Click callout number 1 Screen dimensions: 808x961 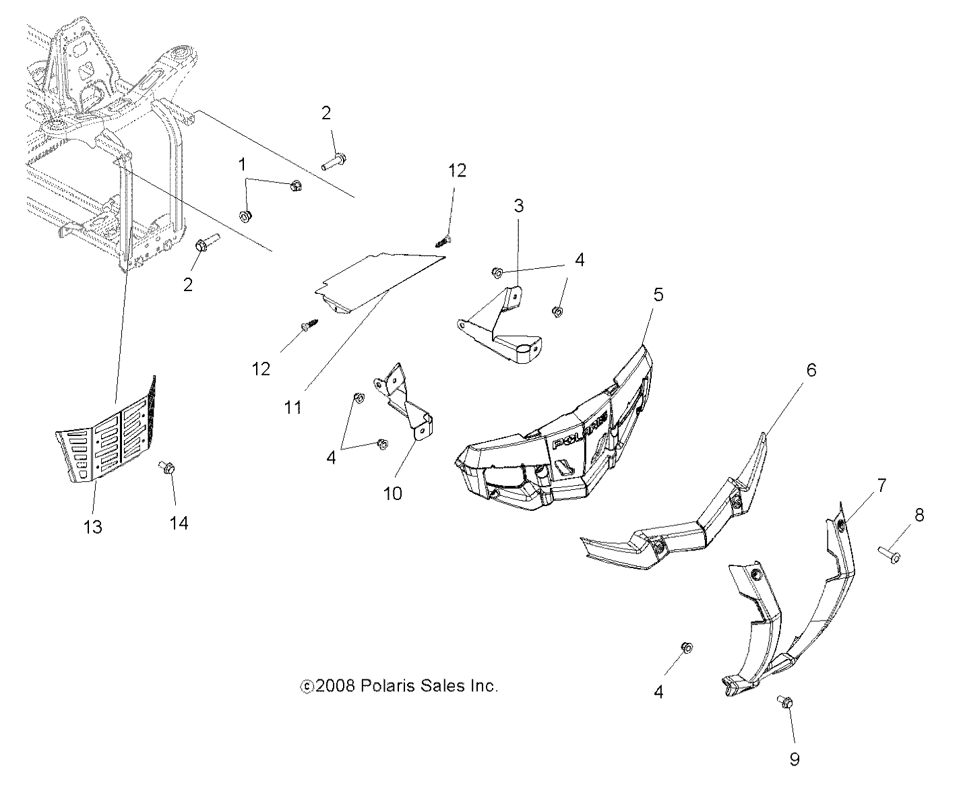pyautogui.click(x=243, y=165)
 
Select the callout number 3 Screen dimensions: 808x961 pyautogui.click(x=518, y=206)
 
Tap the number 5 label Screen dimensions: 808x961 pyautogui.click(x=658, y=294)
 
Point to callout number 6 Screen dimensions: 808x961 pyautogui.click(x=811, y=370)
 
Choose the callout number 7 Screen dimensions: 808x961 pyautogui.click(x=881, y=485)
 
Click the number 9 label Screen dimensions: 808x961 pyautogui.click(x=794, y=759)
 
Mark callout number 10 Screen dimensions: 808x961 pyautogui.click(x=392, y=493)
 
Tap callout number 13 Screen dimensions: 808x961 pyautogui.click(x=93, y=526)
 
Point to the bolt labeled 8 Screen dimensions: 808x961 pyautogui.click(x=889, y=555)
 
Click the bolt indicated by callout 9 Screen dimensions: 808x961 pyautogui.click(x=785, y=703)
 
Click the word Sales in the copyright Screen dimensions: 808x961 pyautogui.click(x=429, y=686)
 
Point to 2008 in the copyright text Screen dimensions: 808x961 pyautogui.click(x=336, y=686)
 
